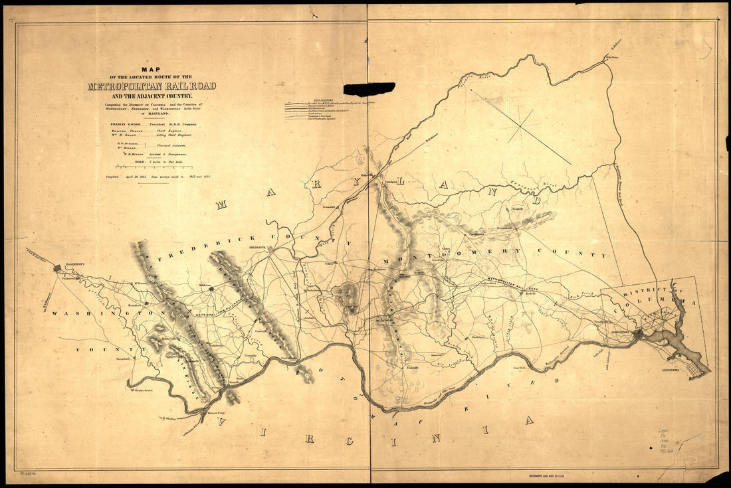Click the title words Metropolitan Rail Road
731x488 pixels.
[x=152, y=86]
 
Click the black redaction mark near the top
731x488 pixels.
[x=369, y=89]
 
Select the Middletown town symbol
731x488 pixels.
[x=211, y=289]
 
